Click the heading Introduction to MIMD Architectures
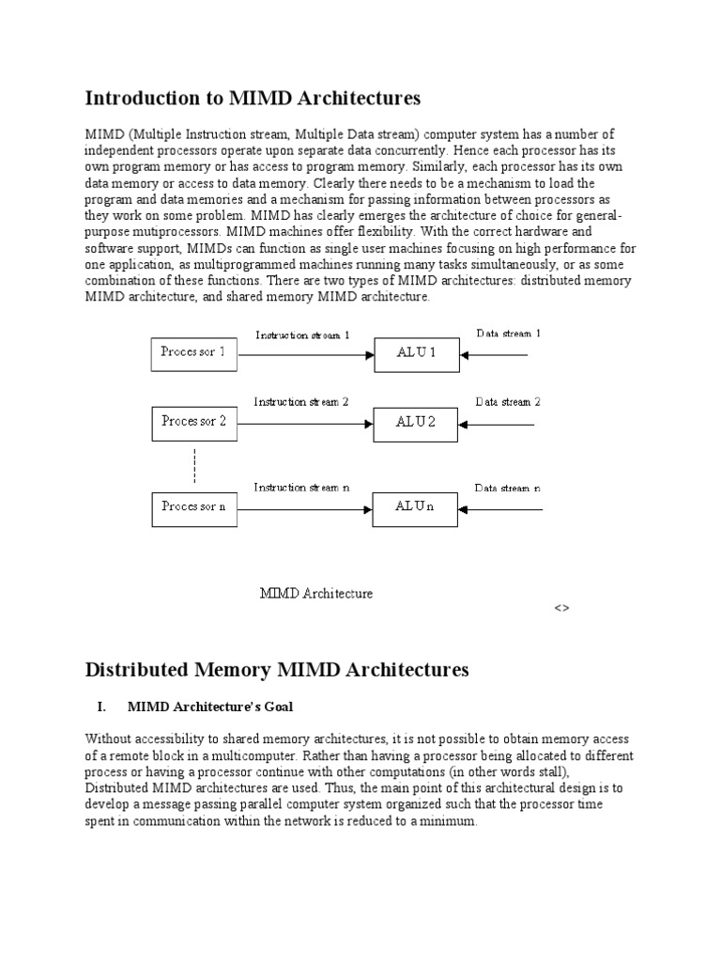(x=253, y=98)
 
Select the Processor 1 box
(x=193, y=353)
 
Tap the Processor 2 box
(x=193, y=422)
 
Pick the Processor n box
(x=193, y=507)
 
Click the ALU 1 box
(x=416, y=354)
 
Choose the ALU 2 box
(x=416, y=423)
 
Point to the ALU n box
(x=416, y=508)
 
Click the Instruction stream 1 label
(x=302, y=334)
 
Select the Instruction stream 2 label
(x=301, y=402)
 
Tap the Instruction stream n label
(x=301, y=488)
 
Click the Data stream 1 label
(x=508, y=334)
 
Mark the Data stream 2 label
(x=508, y=402)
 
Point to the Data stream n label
(x=507, y=489)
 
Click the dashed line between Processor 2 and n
(x=194, y=466)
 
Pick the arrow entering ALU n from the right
(x=501, y=509)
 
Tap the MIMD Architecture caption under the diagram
(x=316, y=594)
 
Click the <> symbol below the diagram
(x=561, y=609)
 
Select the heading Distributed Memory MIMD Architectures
(x=276, y=670)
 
